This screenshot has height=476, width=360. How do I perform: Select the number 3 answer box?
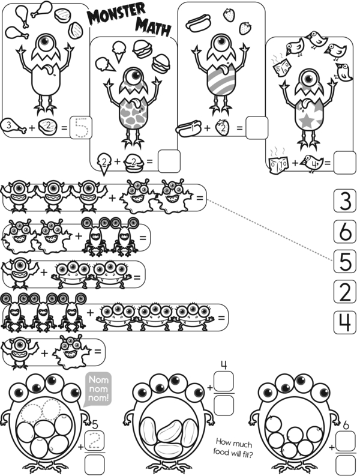click(x=345, y=200)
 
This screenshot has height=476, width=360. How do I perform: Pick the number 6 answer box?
click(x=345, y=231)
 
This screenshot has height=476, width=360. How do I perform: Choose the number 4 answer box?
click(x=345, y=322)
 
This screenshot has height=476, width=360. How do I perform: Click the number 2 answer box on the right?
click(x=345, y=292)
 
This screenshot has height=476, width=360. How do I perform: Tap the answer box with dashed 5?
click(x=81, y=127)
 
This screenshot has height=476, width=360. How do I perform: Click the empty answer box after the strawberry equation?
click(x=257, y=127)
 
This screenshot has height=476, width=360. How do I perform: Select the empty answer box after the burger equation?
click(x=169, y=161)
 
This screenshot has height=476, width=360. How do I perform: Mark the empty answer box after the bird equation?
click(x=345, y=163)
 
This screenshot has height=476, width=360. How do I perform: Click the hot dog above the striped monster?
click(x=198, y=23)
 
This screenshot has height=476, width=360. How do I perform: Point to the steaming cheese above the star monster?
click(x=281, y=67)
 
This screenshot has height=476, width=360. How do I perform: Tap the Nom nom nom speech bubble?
click(x=98, y=389)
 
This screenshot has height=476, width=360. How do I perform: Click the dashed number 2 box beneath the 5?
click(x=95, y=441)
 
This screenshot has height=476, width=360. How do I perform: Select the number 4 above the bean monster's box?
click(x=224, y=365)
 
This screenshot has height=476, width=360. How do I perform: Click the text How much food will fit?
click(x=233, y=448)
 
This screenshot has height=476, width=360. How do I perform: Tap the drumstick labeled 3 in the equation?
click(x=13, y=125)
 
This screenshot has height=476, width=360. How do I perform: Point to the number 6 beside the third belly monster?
click(x=346, y=425)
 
